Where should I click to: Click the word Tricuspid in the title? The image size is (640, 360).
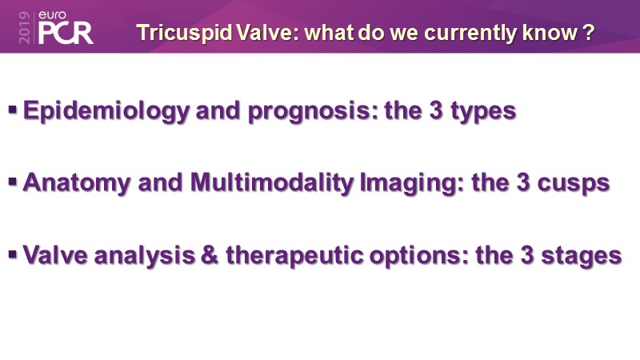click(x=185, y=33)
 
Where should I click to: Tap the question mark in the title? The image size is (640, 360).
click(x=588, y=32)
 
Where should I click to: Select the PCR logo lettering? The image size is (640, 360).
click(x=66, y=33)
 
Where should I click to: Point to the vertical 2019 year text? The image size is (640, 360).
click(x=25, y=27)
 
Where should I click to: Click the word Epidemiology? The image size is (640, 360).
click(x=106, y=111)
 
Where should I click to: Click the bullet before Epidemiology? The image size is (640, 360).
click(x=13, y=110)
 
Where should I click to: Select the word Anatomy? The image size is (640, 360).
click(x=76, y=182)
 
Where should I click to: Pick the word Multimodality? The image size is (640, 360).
click(x=272, y=182)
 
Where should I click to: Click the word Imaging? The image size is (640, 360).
click(x=412, y=183)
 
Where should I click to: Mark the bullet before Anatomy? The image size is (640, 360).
click(x=13, y=182)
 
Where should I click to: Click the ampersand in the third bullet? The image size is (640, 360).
click(x=210, y=255)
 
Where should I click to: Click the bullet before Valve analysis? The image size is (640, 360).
click(x=13, y=254)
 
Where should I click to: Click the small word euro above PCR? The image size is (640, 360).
click(x=52, y=15)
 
